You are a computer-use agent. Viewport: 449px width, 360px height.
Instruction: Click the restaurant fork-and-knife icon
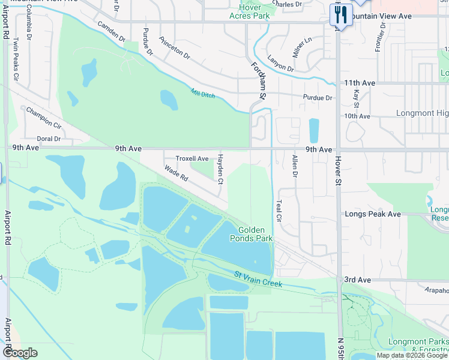coord(341,14)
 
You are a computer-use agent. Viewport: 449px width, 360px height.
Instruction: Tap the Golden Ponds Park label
coord(255,234)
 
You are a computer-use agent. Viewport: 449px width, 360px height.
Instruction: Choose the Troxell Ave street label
coord(192,159)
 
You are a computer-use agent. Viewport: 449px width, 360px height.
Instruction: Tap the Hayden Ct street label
coord(220,169)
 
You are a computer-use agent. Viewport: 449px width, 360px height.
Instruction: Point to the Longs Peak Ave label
coord(372,214)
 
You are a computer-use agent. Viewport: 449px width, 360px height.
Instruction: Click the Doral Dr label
coord(49,139)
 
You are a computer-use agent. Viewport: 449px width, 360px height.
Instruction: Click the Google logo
coord(20,353)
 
